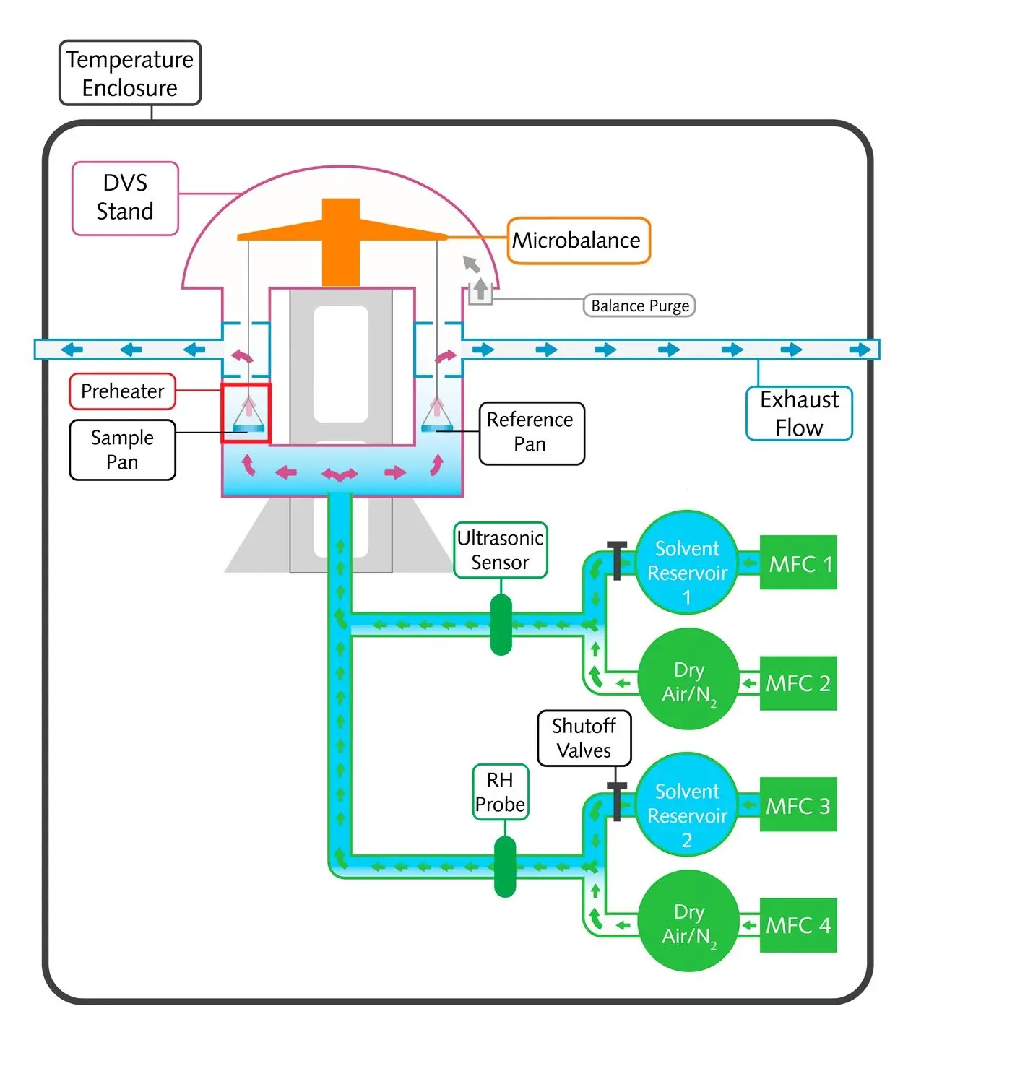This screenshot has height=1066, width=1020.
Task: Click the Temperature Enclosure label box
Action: tap(130, 73)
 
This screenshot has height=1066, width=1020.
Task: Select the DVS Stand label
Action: tap(125, 198)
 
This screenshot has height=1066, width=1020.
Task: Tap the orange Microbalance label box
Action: tap(578, 240)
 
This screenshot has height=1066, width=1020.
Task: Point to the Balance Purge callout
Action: tap(639, 305)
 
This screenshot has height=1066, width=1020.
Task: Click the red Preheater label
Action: tap(122, 391)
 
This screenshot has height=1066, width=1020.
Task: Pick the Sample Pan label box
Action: tap(122, 449)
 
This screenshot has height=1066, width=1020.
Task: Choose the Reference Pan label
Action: tap(531, 433)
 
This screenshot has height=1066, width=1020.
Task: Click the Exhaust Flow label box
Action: tap(799, 413)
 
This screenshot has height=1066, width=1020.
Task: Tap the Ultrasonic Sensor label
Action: tap(500, 550)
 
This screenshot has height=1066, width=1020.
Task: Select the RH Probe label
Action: tap(501, 792)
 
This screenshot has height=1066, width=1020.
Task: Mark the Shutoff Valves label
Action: tap(584, 738)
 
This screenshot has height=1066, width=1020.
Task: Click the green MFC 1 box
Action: tap(798, 563)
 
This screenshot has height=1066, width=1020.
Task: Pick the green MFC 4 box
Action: tap(798, 925)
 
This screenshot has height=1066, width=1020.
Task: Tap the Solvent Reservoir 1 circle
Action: tap(687, 563)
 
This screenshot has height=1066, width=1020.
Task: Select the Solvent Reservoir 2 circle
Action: tap(687, 805)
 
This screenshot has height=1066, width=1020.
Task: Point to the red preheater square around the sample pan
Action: tap(246, 413)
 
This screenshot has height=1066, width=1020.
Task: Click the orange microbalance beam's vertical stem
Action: tap(341, 253)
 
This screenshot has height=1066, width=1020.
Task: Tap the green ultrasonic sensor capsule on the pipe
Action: tap(501, 625)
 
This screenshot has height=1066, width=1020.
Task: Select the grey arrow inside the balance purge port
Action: tap(480, 289)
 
